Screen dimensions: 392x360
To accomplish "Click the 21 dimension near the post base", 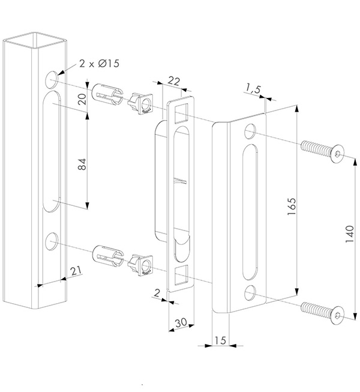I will (76, 272).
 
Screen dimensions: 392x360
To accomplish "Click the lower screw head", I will (338, 314).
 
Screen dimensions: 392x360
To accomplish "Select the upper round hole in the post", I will (52, 77).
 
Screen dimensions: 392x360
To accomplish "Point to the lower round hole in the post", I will (52, 241).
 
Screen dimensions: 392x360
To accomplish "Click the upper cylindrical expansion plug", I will (106, 94).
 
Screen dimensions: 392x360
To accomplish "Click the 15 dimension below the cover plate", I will (219, 340).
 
